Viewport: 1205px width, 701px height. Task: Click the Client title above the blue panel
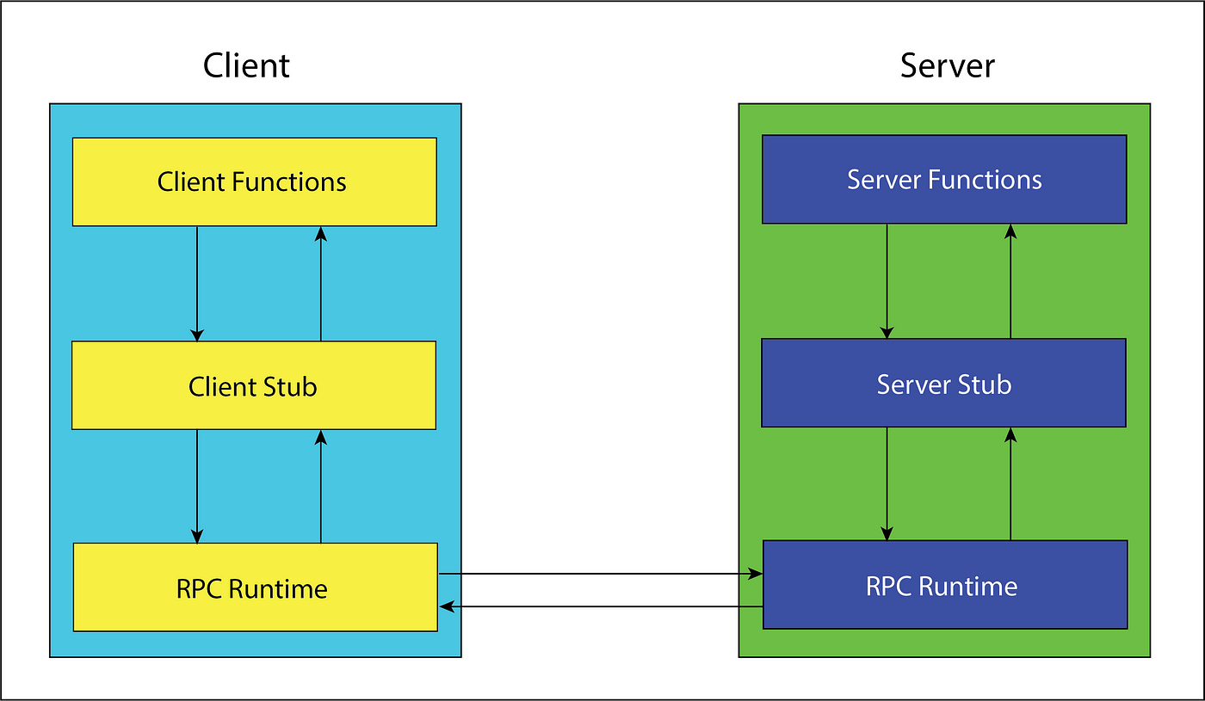pyautogui.click(x=246, y=66)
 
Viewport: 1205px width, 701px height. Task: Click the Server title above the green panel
pyautogui.click(x=947, y=66)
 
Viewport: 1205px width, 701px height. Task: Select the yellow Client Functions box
pyautogui.click(x=254, y=181)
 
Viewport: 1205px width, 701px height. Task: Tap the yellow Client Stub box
pyautogui.click(x=253, y=386)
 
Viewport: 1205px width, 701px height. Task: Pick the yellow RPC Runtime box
pyautogui.click(x=255, y=587)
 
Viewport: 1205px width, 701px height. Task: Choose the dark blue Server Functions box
pyautogui.click(x=944, y=179)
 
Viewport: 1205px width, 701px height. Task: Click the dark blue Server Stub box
pyautogui.click(x=943, y=383)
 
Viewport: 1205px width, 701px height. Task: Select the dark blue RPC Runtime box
pyautogui.click(x=944, y=585)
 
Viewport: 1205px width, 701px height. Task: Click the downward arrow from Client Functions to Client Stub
pyautogui.click(x=197, y=283)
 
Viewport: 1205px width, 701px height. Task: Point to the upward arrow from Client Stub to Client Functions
pyautogui.click(x=321, y=283)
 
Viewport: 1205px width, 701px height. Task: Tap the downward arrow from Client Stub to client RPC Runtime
pyautogui.click(x=197, y=486)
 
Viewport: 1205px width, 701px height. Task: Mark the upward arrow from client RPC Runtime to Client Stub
pyautogui.click(x=321, y=486)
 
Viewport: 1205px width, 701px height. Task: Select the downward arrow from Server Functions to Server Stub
pyautogui.click(x=887, y=280)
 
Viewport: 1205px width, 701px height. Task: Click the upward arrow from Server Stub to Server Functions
pyautogui.click(x=1010, y=280)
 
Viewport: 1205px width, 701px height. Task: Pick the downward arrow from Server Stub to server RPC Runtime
pyautogui.click(x=887, y=483)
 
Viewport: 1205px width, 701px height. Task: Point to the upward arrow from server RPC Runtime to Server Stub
pyautogui.click(x=1010, y=483)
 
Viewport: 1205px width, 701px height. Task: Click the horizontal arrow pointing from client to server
pyautogui.click(x=601, y=574)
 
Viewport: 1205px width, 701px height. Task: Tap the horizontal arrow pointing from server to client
pyautogui.click(x=601, y=607)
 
